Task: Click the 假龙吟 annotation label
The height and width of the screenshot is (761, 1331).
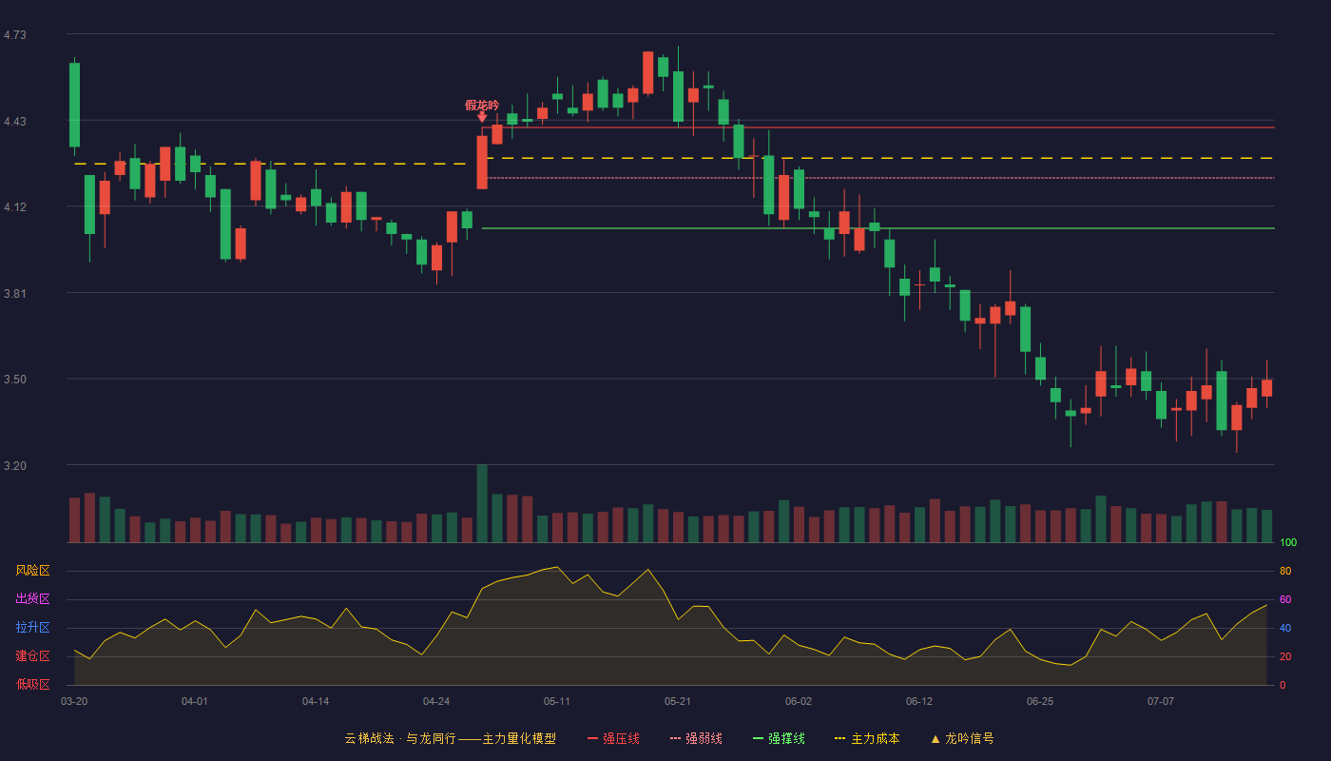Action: tap(482, 106)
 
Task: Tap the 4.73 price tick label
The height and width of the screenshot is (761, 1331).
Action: tap(15, 35)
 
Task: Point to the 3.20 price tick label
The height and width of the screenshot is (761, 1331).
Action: tap(15, 465)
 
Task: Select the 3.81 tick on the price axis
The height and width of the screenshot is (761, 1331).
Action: tap(15, 293)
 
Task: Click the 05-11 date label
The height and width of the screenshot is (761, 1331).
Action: tap(557, 702)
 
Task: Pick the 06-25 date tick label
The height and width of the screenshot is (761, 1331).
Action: tap(1040, 702)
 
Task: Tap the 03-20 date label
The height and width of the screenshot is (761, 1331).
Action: tap(74, 702)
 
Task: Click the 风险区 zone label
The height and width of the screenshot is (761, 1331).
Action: tap(32, 570)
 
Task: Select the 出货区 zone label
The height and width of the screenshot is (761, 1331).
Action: tap(32, 598)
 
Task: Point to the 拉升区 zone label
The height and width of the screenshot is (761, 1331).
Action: tap(32, 627)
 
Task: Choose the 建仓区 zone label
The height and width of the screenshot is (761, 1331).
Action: tap(32, 655)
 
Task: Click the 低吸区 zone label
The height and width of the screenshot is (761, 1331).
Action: tap(32, 684)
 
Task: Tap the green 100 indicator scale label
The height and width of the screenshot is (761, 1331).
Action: tap(1288, 542)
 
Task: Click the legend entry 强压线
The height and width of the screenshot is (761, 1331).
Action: tap(613, 738)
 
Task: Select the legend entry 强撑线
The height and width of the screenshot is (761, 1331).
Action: tap(779, 738)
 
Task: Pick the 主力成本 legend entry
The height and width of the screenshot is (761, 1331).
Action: tap(867, 738)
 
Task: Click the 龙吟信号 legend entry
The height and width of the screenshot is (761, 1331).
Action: tap(962, 738)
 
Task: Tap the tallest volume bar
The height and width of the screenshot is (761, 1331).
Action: tap(482, 503)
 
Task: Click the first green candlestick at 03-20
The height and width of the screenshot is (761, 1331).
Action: tap(74, 105)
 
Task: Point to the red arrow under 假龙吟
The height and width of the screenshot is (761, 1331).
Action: tap(482, 117)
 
